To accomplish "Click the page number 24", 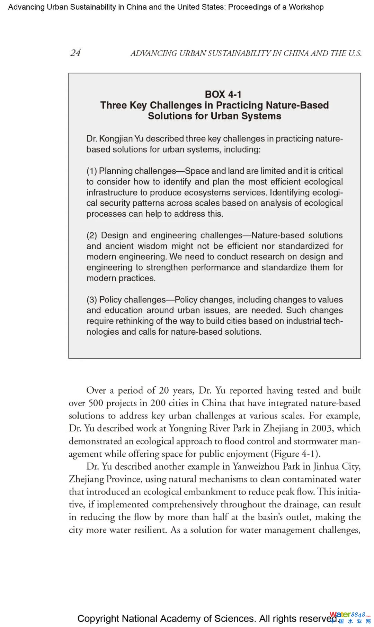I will pyautogui.click(x=75, y=53).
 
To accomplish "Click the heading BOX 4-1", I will pyautogui.click(x=223, y=94).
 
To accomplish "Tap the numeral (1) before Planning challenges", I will pyautogui.click(x=91, y=171).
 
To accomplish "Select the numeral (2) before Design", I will pyautogui.click(x=91, y=235).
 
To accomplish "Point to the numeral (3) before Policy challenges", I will pyautogui.click(x=92, y=300).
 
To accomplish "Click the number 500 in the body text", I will pyautogui.click(x=96, y=403).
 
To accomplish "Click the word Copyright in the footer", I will pyautogui.click(x=98, y=619).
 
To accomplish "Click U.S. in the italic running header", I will pyautogui.click(x=355, y=53).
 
